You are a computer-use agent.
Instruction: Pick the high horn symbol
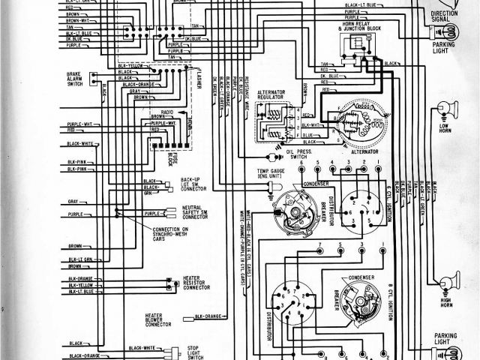pyautogui.click(x=448, y=283)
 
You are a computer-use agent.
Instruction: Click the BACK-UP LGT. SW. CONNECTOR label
pyautogui.click(x=193, y=184)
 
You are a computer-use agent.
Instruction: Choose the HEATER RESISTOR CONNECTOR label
pyautogui.click(x=196, y=283)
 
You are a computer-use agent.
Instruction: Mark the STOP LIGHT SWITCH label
pyautogui.click(x=196, y=352)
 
